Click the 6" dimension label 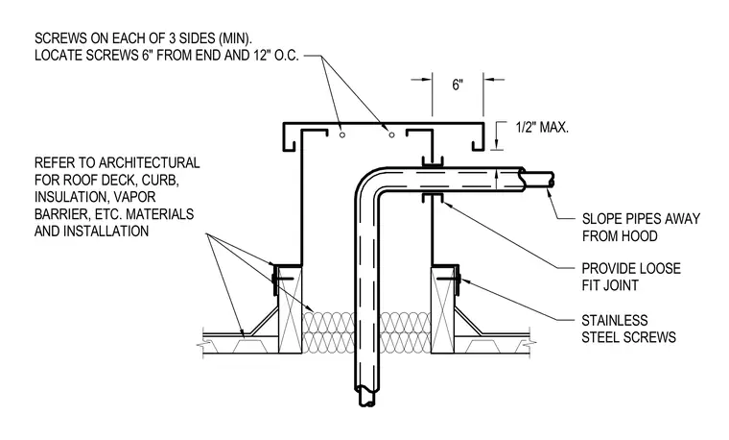(x=458, y=85)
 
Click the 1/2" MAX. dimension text (x=542, y=127)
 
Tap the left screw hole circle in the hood (x=342, y=135)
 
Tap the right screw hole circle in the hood (x=391, y=135)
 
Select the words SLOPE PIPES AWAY (x=641, y=219)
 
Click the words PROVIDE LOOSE (x=631, y=268)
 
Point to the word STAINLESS (x=615, y=320)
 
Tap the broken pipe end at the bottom (x=364, y=396)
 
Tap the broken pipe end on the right (x=537, y=180)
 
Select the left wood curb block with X (x=290, y=309)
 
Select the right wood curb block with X (x=442, y=309)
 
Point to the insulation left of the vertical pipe (x=328, y=332)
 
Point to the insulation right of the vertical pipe (x=405, y=332)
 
